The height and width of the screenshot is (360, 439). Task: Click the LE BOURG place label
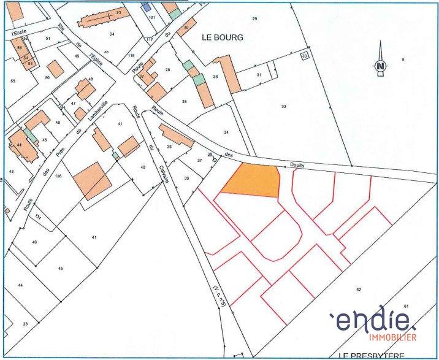223,37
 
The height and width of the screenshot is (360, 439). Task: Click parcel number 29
254,19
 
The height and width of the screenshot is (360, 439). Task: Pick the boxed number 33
304,56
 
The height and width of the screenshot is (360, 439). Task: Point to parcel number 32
284,106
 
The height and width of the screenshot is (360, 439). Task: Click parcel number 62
359,288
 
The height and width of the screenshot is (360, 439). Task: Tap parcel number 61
406,305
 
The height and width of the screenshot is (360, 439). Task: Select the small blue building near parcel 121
145,6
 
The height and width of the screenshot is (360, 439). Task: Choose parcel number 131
39,218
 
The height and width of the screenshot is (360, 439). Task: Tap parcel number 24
112,34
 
